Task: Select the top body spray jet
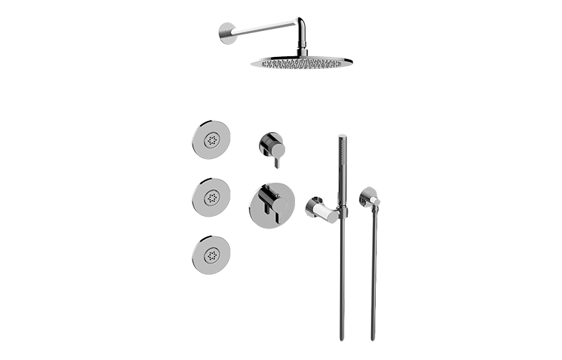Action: (210, 141)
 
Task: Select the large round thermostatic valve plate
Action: (266, 205)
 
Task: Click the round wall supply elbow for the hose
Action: (370, 198)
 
